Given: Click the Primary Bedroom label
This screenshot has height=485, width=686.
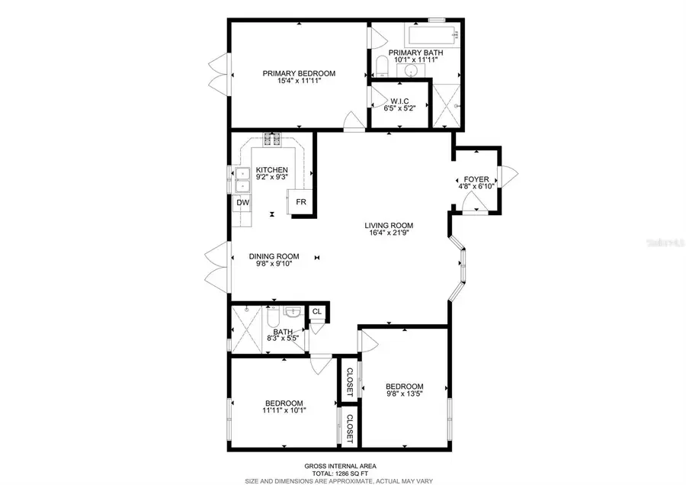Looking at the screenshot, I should (x=299, y=74).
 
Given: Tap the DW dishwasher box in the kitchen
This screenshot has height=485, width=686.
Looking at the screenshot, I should (x=242, y=203).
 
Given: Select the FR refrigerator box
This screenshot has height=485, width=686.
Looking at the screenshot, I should (x=301, y=203).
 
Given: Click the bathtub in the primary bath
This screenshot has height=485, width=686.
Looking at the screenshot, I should (x=432, y=34).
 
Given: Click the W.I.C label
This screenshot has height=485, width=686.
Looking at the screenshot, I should (x=401, y=101).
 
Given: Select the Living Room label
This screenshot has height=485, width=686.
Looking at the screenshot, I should (x=388, y=225).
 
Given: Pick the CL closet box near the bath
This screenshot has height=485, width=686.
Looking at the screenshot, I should (x=316, y=312).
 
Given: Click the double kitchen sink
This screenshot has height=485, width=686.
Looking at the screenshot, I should (x=242, y=179).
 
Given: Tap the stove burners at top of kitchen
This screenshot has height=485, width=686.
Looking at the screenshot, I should (x=272, y=139).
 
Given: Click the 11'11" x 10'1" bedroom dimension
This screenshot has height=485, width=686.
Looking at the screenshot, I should (x=284, y=412).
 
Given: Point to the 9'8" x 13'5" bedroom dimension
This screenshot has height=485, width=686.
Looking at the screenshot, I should (x=404, y=394).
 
